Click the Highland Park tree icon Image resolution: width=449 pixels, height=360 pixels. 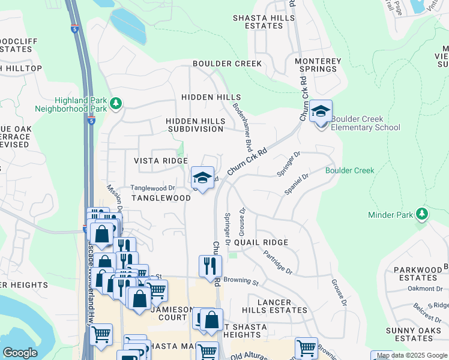116,105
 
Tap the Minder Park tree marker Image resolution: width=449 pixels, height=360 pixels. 423,214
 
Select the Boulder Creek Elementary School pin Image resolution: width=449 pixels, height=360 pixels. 321,112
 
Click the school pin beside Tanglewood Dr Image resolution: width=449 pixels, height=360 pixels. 203,178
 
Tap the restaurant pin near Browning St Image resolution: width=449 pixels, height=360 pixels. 210,266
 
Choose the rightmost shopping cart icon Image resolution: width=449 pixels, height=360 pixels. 306,349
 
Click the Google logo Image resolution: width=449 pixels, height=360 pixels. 20,353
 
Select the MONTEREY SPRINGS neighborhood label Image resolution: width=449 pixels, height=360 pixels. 318,65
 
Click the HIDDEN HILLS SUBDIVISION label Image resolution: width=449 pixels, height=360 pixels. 195,125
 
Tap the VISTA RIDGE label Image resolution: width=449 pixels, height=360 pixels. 160,161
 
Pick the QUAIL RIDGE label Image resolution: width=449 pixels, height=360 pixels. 261,242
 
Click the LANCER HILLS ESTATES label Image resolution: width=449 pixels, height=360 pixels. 274,306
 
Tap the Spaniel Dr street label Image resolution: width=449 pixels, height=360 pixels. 297,185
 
